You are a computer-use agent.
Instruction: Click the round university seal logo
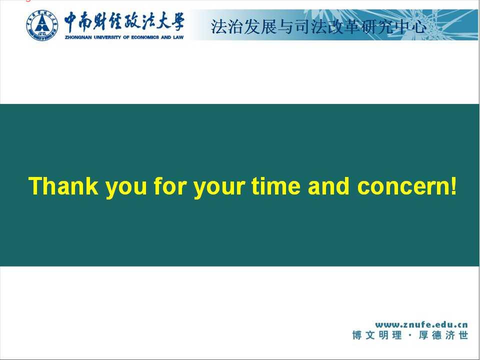42,25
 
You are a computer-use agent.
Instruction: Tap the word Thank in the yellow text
63,186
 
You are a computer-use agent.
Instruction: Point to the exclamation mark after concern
453,186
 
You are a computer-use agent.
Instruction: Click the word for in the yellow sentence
170,186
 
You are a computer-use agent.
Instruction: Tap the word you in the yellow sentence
126,188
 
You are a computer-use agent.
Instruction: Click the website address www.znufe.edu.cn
421,324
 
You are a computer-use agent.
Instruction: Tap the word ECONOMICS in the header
145,37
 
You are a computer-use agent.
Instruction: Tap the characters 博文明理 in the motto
377,335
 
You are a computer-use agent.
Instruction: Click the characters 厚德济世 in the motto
443,335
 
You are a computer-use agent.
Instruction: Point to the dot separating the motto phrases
410,335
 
